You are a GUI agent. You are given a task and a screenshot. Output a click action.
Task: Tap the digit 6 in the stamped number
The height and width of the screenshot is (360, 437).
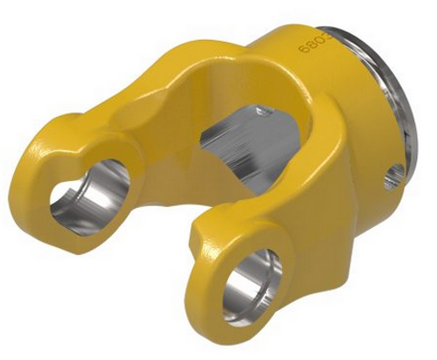click(303, 50)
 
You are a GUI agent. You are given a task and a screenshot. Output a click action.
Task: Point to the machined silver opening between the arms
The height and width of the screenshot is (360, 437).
click(236, 144)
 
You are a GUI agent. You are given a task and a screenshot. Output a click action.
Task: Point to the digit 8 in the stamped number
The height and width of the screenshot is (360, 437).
click(309, 42)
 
